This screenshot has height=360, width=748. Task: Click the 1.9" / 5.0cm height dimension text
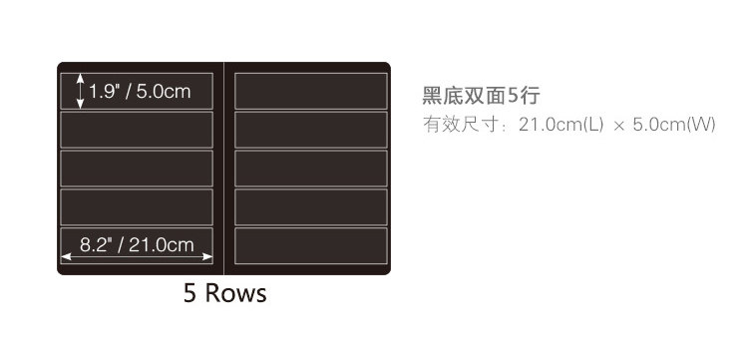pos(140,92)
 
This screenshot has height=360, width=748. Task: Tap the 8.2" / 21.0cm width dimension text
pos(137,245)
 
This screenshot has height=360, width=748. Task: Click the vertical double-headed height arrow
pos(80,91)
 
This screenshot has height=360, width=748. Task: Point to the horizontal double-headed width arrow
pos(137,257)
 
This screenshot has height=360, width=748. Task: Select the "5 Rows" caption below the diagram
pos(224,293)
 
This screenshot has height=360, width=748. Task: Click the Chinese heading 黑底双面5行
pos(481,96)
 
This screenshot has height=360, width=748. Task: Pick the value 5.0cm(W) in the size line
pos(674,125)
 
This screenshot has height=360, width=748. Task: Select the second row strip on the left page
pos(137,130)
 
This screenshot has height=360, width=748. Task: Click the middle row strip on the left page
pos(137,169)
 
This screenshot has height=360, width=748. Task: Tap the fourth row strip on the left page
pos(137,207)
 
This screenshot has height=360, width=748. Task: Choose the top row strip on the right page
pos(311,91)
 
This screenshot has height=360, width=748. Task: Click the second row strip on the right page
pos(311,130)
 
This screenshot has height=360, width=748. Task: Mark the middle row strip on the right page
pos(311,169)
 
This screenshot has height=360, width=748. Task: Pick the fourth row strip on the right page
pos(311,207)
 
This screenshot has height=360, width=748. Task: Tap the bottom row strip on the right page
pos(311,245)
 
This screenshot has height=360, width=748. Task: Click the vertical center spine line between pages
pos(223,169)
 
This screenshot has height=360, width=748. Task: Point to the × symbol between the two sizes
pos(618,127)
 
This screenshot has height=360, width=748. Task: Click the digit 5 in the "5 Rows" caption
pos(189,293)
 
